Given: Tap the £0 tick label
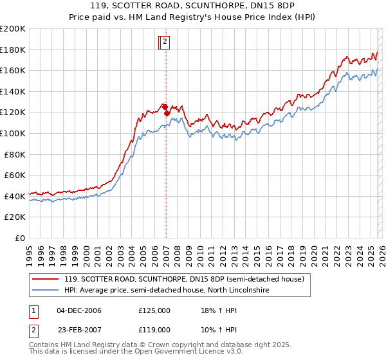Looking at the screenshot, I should point(20,238).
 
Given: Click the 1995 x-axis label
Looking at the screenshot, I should point(30,250).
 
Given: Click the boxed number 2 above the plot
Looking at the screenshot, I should point(165,42).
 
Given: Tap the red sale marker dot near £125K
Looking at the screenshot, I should point(165,107).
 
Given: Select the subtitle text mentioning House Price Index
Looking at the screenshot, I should point(193,19).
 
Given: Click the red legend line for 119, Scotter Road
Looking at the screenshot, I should point(46,279).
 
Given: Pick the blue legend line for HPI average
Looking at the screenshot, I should point(46,290).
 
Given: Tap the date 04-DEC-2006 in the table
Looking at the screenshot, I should point(79,310).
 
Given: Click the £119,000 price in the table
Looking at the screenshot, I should point(154,329).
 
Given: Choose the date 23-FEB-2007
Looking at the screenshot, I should point(79,329).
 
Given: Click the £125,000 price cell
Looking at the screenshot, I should point(154,310).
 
